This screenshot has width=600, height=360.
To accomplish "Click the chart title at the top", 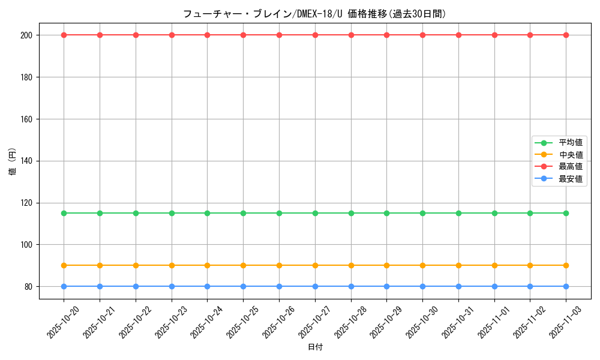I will click(x=314, y=14).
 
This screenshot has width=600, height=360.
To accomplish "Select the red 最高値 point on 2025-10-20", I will click(x=64, y=35).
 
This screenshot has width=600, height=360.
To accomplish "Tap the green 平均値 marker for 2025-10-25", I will click(x=243, y=213).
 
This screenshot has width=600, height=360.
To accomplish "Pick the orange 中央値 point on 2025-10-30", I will click(x=422, y=265).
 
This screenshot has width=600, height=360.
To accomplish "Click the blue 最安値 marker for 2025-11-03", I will click(x=566, y=286).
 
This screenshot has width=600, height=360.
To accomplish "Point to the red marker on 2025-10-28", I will click(x=351, y=35).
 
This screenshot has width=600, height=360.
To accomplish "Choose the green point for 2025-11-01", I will click(x=494, y=213).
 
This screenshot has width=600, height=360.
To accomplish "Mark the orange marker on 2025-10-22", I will click(x=136, y=265).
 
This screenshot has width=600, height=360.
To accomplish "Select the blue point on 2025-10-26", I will click(x=279, y=286).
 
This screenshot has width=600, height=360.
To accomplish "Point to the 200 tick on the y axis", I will click(x=27, y=35).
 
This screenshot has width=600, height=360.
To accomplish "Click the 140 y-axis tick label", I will click(x=27, y=161).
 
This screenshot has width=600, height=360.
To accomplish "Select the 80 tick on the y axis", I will click(x=29, y=286).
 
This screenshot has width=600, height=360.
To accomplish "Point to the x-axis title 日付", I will click(x=314, y=347).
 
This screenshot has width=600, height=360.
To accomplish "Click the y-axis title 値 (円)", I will click(x=13, y=162).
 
